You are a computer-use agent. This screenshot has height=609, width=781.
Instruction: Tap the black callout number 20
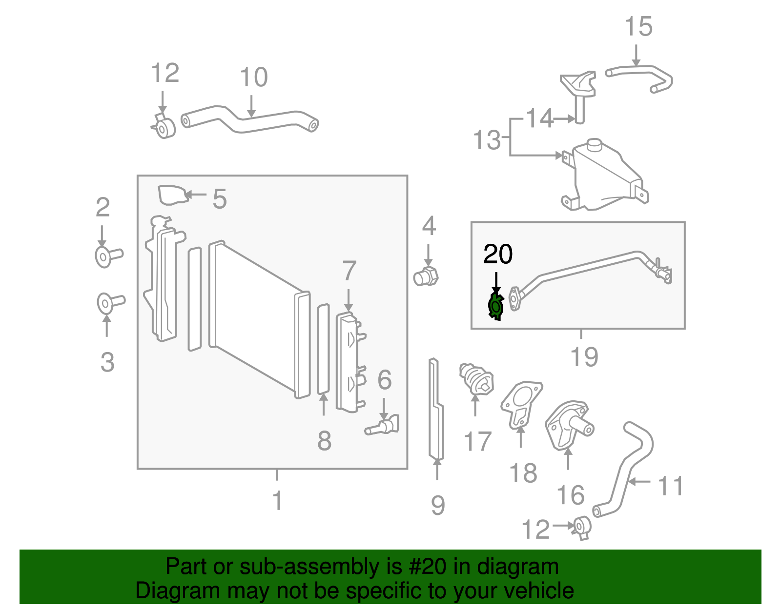[x=498, y=254]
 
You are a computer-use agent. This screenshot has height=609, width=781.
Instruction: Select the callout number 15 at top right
[x=638, y=26]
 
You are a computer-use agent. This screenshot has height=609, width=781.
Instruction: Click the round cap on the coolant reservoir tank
[x=595, y=145]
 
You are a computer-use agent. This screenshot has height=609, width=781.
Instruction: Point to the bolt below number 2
[x=108, y=256]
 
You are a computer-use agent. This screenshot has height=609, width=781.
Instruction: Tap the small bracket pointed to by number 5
[x=172, y=195]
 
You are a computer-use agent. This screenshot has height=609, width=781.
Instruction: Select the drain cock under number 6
[x=382, y=426]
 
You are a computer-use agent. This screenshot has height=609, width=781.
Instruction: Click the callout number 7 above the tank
[x=349, y=271]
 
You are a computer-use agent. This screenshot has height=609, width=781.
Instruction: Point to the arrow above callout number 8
[x=324, y=404]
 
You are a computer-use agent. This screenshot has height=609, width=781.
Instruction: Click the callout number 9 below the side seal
[x=438, y=505]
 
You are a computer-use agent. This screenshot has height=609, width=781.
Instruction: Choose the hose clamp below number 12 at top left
[x=164, y=126]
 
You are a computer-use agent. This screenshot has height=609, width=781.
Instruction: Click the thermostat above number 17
[x=476, y=381]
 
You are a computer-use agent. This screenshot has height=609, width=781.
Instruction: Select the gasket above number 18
[x=521, y=404]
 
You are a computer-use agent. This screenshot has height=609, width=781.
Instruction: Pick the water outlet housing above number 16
[x=569, y=426]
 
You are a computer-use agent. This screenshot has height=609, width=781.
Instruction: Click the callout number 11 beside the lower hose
[x=670, y=486]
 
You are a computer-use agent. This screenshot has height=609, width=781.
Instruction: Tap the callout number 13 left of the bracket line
[x=487, y=139]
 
